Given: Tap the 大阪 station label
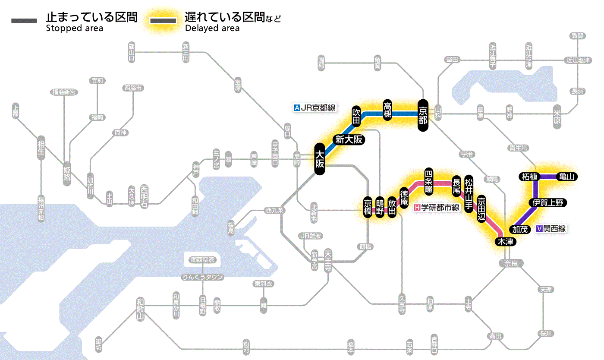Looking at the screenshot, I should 319,159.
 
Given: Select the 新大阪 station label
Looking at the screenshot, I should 349,139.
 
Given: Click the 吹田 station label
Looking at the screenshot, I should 356,115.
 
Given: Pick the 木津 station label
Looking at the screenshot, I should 505,242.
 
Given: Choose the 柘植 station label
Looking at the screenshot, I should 529,177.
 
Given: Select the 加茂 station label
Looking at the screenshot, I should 520,229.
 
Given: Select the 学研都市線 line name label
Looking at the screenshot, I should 437,208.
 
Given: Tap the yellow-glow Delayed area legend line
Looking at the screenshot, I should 163,20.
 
